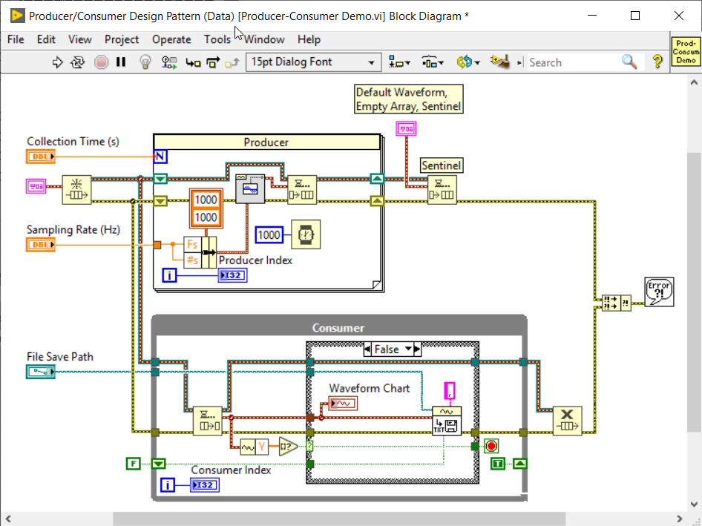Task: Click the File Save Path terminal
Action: [41, 372]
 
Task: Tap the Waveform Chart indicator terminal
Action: [344, 403]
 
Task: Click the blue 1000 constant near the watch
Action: [269, 235]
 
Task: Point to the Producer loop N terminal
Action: [160, 156]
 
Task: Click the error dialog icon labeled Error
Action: [659, 291]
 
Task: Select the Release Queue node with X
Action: [567, 421]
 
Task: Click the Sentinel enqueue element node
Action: [442, 189]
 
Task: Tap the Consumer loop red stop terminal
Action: [491, 446]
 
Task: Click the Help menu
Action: [309, 39]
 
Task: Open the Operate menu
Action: [171, 39]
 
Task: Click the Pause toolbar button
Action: [121, 62]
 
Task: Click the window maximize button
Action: [634, 16]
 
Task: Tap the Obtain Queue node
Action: [75, 189]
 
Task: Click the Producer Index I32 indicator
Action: [232, 275]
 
